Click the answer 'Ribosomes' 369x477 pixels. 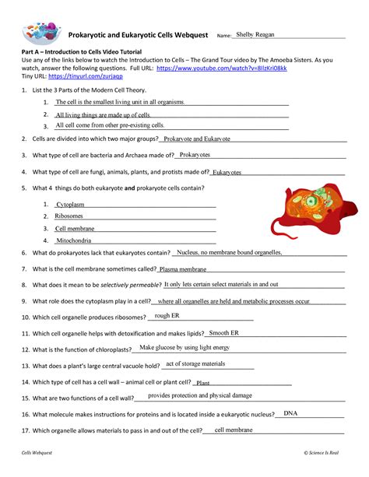coord(69,216)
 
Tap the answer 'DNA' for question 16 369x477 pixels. coord(291,412)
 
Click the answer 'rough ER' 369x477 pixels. coord(167,315)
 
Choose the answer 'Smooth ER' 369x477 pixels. coord(224,332)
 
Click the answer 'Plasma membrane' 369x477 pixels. coord(182,269)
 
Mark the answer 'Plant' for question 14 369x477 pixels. coord(203,383)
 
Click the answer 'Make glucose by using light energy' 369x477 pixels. coord(184,347)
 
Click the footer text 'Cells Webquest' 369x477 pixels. coord(37,453)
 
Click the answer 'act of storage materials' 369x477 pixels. coord(195,363)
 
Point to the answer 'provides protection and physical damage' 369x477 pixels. coord(200,395)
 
